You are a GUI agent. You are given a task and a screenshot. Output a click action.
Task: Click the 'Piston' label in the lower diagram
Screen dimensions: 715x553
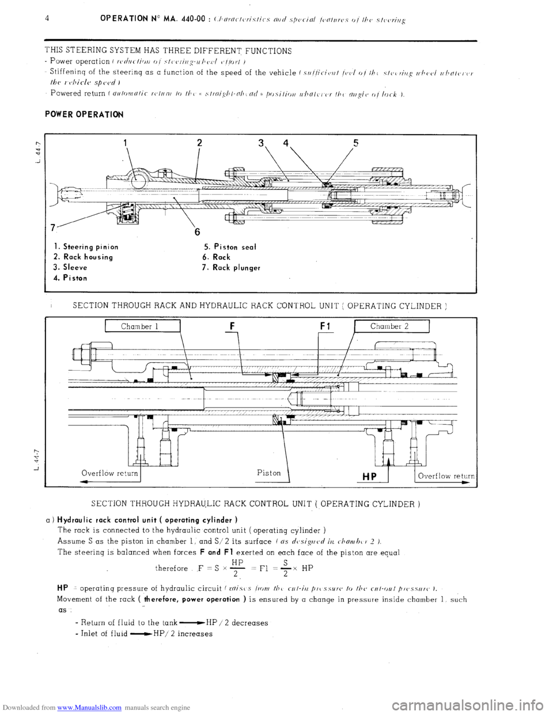(x=269, y=472)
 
